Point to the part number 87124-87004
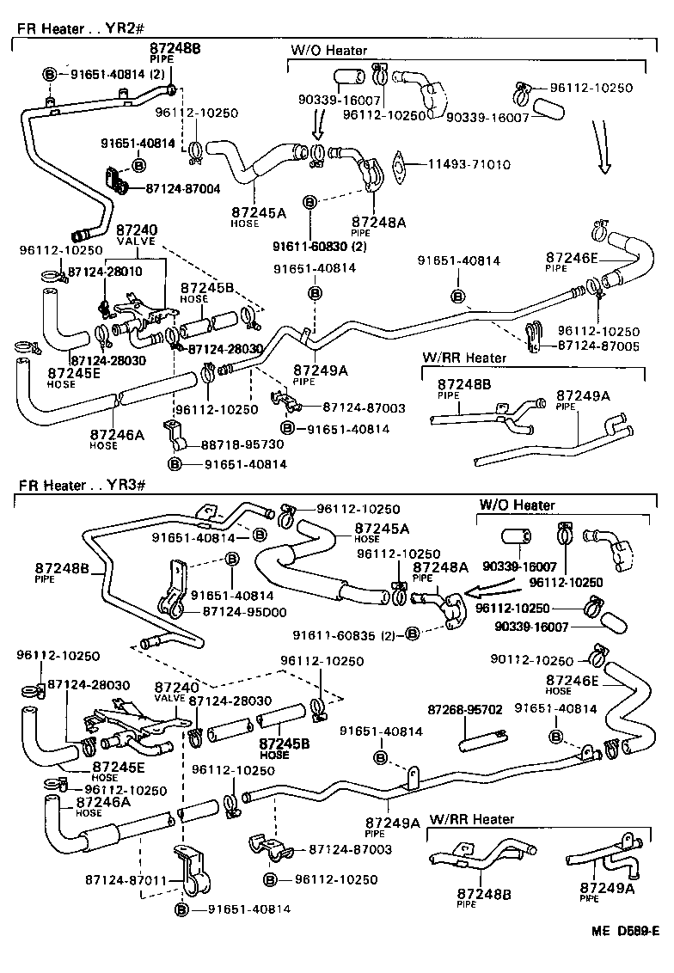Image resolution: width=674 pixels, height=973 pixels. point(182,187)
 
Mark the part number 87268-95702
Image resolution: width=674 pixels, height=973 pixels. point(464,709)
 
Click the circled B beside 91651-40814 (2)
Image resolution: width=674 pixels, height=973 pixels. point(49,75)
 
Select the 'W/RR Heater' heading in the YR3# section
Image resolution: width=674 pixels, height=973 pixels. point(471,819)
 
